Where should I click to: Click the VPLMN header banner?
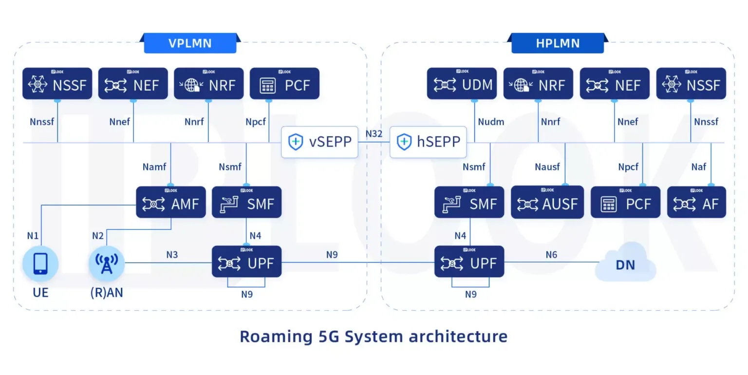pyautogui.click(x=190, y=43)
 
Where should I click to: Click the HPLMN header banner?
pyautogui.click(x=558, y=43)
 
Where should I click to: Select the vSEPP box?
pyautogui.click(x=319, y=142)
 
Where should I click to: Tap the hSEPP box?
pyautogui.click(x=428, y=142)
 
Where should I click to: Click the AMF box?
pyautogui.click(x=171, y=202)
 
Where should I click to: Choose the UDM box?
pyautogui.click(x=462, y=84)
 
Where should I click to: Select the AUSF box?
pyautogui.click(x=547, y=202)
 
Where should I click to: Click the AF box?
pyautogui.click(x=696, y=202)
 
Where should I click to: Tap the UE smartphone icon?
pyautogui.click(x=40, y=263)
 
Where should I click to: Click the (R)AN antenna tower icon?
pyautogui.click(x=106, y=263)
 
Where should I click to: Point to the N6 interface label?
pyautogui.click(x=551, y=255)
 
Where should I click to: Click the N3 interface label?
pyautogui.click(x=172, y=255)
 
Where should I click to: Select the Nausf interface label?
pyautogui.click(x=547, y=167)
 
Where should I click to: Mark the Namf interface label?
pyautogui.click(x=154, y=167)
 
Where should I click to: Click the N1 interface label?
pyautogui.click(x=33, y=236)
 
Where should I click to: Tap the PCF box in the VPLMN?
pyautogui.click(x=284, y=84)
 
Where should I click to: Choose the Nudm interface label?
pyautogui.click(x=491, y=122)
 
